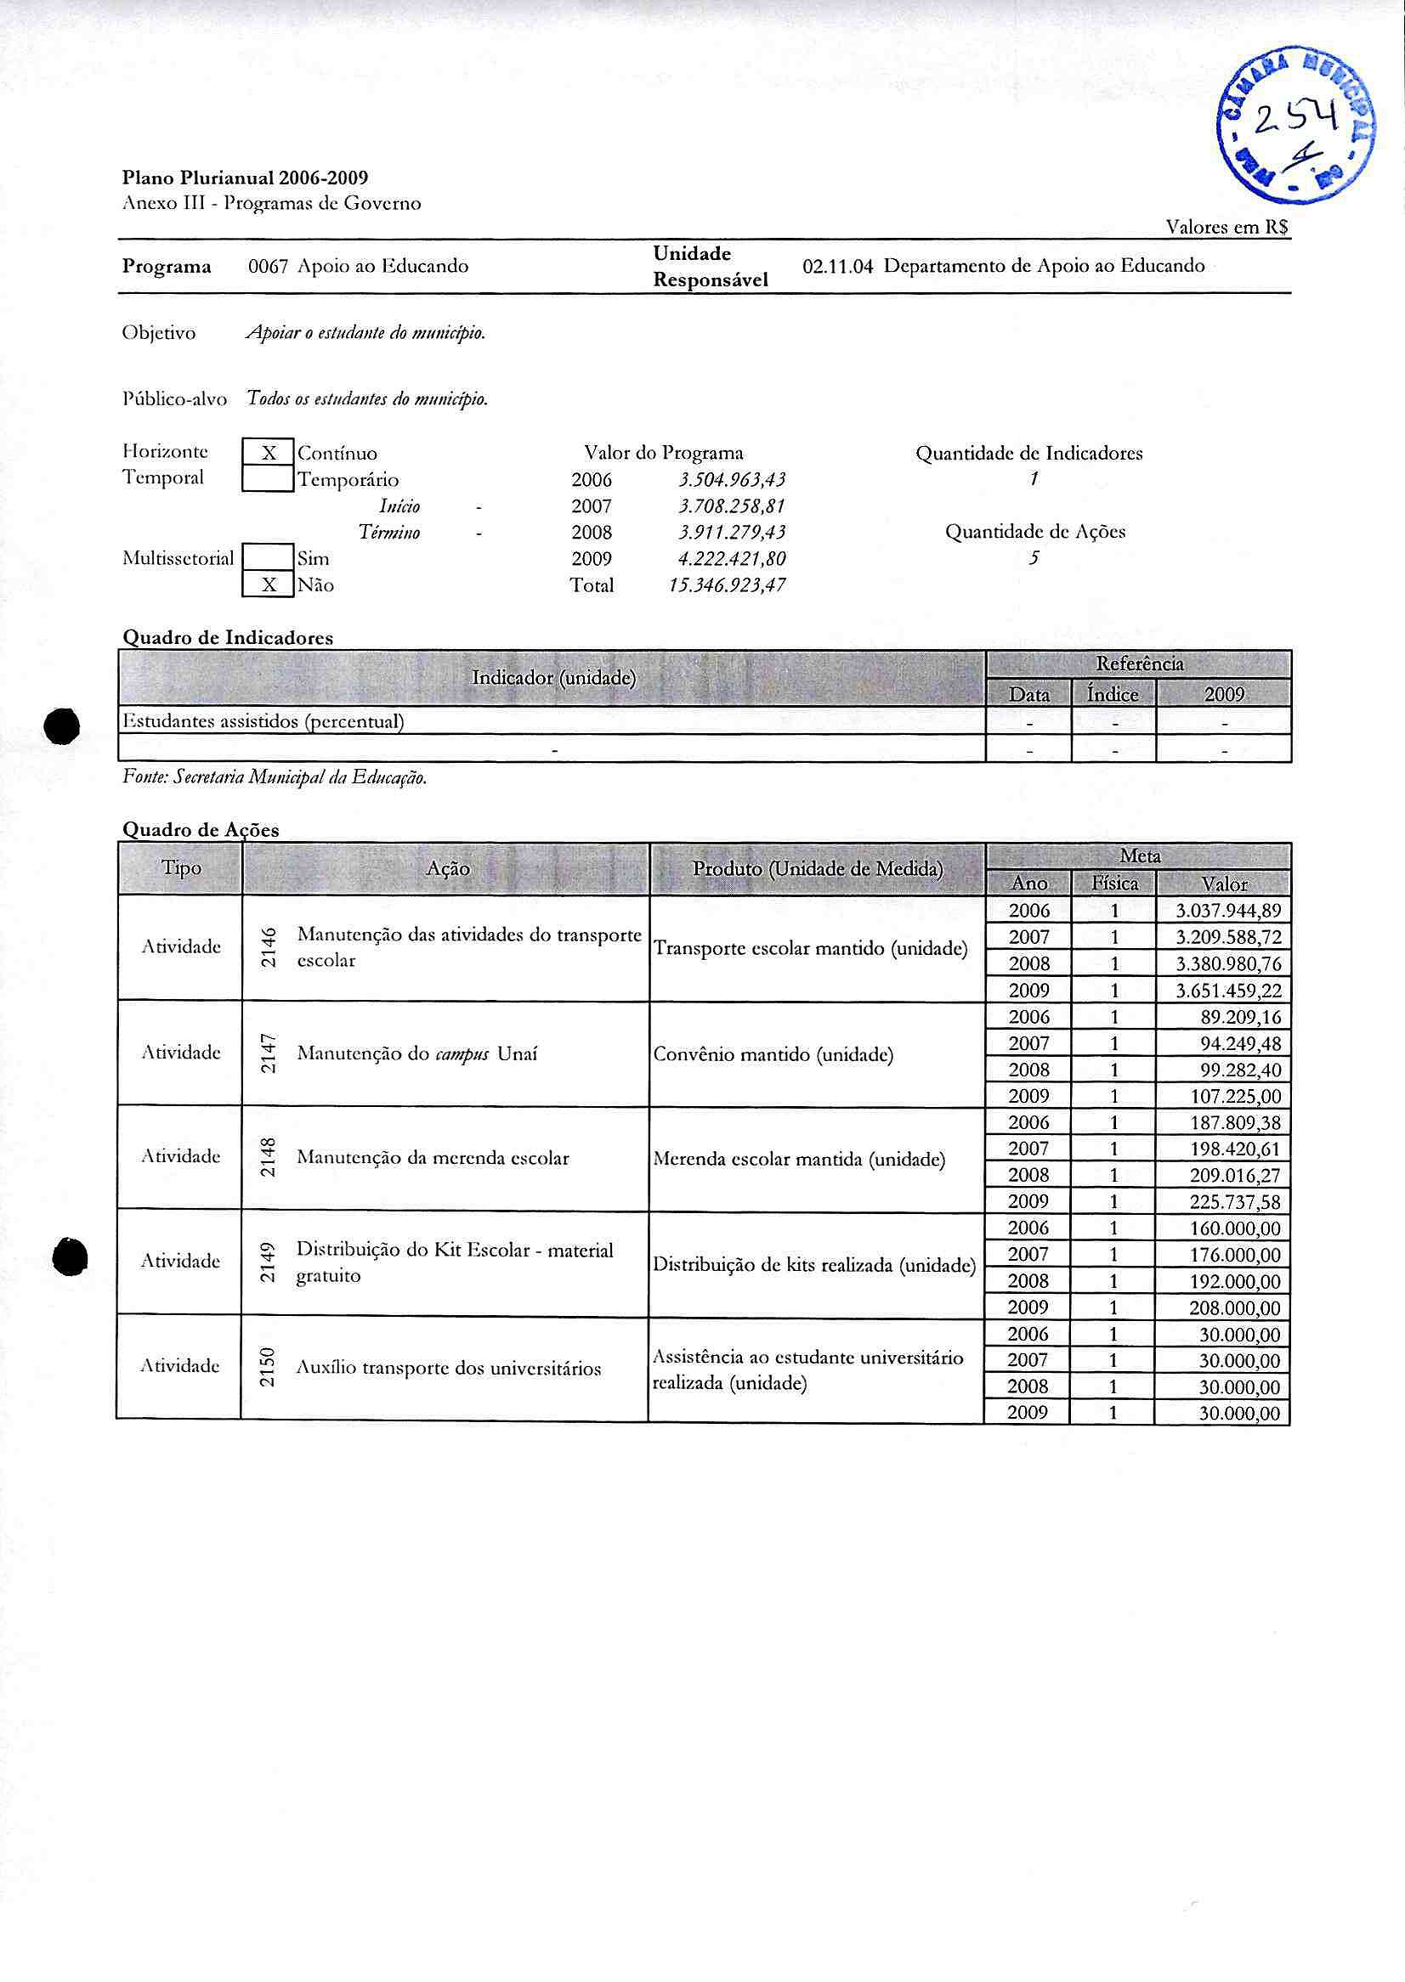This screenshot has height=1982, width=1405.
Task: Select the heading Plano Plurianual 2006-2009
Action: coord(245,178)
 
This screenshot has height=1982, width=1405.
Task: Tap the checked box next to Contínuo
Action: coord(269,453)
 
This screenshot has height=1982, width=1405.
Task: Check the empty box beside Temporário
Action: coord(269,479)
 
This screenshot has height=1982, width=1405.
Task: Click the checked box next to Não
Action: coord(269,585)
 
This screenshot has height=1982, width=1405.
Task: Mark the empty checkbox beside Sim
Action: coord(269,559)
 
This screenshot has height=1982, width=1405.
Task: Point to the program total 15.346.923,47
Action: coord(727,585)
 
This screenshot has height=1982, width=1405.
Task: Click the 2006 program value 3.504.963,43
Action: coord(732,480)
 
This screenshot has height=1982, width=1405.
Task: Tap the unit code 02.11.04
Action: coord(837,267)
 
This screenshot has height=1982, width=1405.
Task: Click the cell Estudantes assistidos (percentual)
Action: coord(263,721)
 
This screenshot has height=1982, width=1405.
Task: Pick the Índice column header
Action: coord(1113,694)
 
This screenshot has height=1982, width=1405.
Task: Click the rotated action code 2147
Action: coord(269,1053)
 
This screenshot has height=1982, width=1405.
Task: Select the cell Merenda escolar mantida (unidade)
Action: coord(799,1159)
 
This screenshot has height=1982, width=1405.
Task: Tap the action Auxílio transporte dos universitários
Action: coord(448,1368)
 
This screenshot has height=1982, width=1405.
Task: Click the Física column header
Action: coord(1114,884)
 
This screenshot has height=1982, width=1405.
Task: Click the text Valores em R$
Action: coord(1227,228)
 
